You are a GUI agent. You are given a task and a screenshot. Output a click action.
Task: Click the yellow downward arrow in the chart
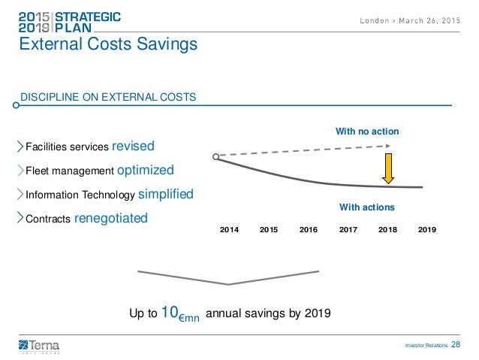[x=389, y=168]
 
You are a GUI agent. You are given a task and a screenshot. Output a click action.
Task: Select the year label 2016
[x=309, y=229]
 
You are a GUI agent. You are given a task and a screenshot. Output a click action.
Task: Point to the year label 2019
[x=426, y=229]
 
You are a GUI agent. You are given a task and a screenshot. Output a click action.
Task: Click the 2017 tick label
[x=348, y=229]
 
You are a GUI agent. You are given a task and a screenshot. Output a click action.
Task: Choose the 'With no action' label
[x=366, y=132]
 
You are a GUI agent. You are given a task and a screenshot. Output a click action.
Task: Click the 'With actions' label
[x=366, y=207]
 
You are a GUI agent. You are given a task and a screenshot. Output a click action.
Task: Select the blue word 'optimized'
[x=146, y=169]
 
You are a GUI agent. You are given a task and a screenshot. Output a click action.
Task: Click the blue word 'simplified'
[x=165, y=194]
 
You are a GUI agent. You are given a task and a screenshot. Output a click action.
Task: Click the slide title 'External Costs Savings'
[x=108, y=45]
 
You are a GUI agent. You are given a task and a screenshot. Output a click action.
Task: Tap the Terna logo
[x=39, y=345]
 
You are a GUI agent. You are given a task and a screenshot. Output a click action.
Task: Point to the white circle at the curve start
[x=215, y=156]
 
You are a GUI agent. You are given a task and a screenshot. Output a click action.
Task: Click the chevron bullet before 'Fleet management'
[x=20, y=170]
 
